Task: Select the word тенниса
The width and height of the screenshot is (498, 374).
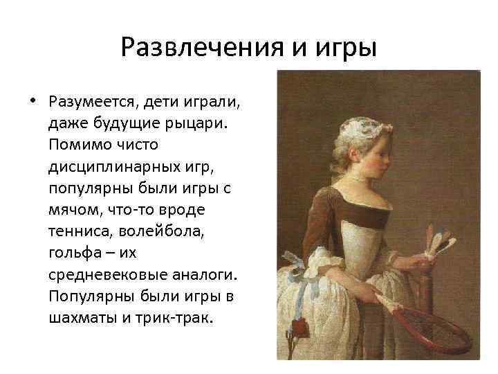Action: (77, 231)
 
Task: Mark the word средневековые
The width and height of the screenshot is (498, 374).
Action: (98, 274)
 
